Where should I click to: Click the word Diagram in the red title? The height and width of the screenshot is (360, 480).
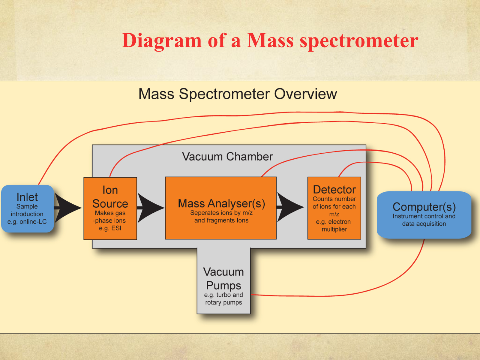[162, 41]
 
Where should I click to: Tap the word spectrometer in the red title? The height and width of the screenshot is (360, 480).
[359, 41]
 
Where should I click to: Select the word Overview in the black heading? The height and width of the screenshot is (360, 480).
[305, 94]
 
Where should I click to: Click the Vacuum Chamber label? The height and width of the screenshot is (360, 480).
[227, 157]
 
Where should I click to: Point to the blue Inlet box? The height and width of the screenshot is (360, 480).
[28, 208]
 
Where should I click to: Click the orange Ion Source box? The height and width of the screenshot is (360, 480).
[110, 208]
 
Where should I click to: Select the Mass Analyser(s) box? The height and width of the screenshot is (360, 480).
[221, 208]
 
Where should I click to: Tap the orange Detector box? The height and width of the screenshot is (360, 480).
[334, 208]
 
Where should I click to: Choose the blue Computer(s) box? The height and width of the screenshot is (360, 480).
[424, 215]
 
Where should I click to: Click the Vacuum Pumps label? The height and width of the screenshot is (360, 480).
[223, 279]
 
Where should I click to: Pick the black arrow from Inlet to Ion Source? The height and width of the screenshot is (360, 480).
[68, 208]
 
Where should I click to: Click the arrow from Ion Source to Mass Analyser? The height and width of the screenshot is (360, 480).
[151, 208]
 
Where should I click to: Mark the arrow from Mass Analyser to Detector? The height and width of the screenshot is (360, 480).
[290, 207]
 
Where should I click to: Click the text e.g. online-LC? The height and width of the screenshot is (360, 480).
[27, 222]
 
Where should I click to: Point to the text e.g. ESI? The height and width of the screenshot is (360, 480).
[110, 228]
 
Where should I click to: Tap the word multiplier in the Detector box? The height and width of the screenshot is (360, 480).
[334, 229]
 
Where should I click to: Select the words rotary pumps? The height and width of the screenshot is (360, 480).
[223, 302]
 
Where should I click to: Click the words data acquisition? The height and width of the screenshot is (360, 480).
[424, 223]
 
